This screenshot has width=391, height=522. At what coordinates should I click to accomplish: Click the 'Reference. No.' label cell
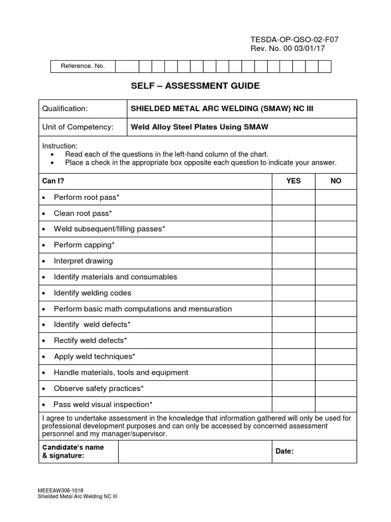click(x=82, y=66)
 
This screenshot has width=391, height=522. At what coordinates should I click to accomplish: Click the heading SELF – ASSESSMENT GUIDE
click(x=195, y=86)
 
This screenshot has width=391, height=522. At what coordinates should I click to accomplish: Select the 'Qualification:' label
click(x=65, y=109)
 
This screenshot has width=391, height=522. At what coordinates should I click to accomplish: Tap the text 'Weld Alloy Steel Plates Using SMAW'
click(x=200, y=127)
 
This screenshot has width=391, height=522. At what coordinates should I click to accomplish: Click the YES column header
click(x=293, y=181)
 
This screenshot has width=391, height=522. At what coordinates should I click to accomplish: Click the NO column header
click(x=336, y=181)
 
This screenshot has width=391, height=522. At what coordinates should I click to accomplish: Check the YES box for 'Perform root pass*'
click(x=293, y=197)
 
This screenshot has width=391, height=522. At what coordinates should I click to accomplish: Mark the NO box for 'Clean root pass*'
click(x=336, y=213)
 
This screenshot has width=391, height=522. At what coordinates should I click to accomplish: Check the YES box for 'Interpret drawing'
click(x=293, y=261)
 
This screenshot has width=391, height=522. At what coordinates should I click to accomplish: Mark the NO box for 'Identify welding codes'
click(x=336, y=293)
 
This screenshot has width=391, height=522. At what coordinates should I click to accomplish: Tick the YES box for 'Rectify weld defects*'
click(x=293, y=341)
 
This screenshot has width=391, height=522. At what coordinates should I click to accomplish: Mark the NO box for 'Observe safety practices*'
click(x=336, y=388)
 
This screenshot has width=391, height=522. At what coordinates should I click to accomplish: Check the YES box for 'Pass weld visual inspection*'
click(x=293, y=404)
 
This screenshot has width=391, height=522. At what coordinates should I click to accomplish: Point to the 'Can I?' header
click(x=53, y=181)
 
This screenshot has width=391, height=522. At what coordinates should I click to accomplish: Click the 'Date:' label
click(x=285, y=451)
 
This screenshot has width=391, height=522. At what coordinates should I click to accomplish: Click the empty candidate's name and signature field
click(x=194, y=452)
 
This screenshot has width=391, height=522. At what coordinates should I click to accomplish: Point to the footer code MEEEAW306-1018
click(x=61, y=490)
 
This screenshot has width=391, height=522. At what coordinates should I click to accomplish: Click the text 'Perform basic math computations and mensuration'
click(x=143, y=309)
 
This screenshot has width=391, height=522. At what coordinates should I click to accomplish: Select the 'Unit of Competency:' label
click(x=77, y=127)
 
